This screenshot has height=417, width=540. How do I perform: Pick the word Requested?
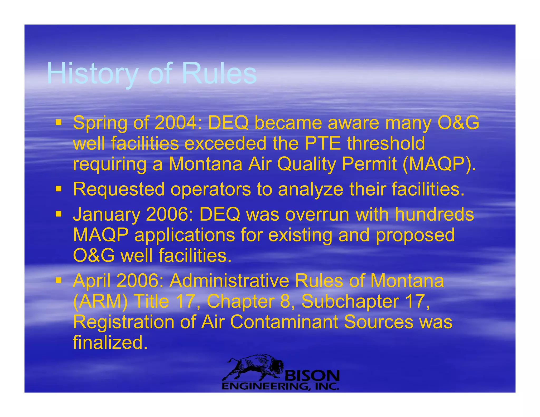[x=119, y=189]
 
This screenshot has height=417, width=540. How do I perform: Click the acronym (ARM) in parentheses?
[x=100, y=302]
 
